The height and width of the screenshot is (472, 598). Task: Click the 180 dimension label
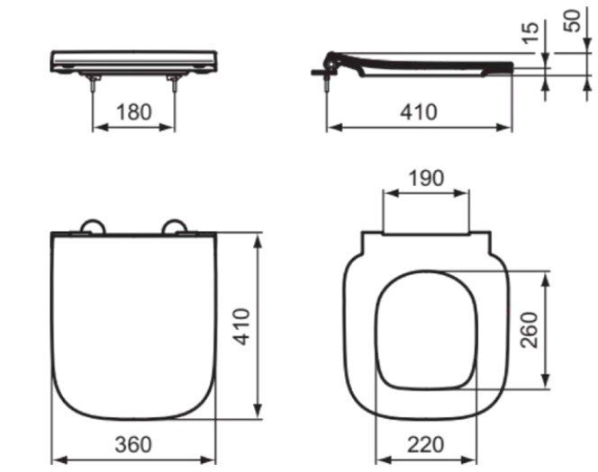pyautogui.click(x=134, y=111)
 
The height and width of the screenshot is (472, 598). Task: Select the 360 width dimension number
pyautogui.click(x=133, y=444)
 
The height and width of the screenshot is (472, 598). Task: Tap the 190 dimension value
pyautogui.click(x=426, y=178)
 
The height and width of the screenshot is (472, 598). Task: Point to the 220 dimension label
pyautogui.click(x=426, y=444)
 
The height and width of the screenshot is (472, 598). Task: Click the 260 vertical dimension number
pyautogui.click(x=530, y=330)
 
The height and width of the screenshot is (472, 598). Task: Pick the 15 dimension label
pyautogui.click(x=530, y=32)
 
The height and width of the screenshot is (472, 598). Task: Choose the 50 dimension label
pyautogui.click(x=572, y=21)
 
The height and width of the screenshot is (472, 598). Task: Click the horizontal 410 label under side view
pyautogui.click(x=419, y=111)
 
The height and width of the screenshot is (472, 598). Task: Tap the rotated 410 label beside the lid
pyautogui.click(x=241, y=326)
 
